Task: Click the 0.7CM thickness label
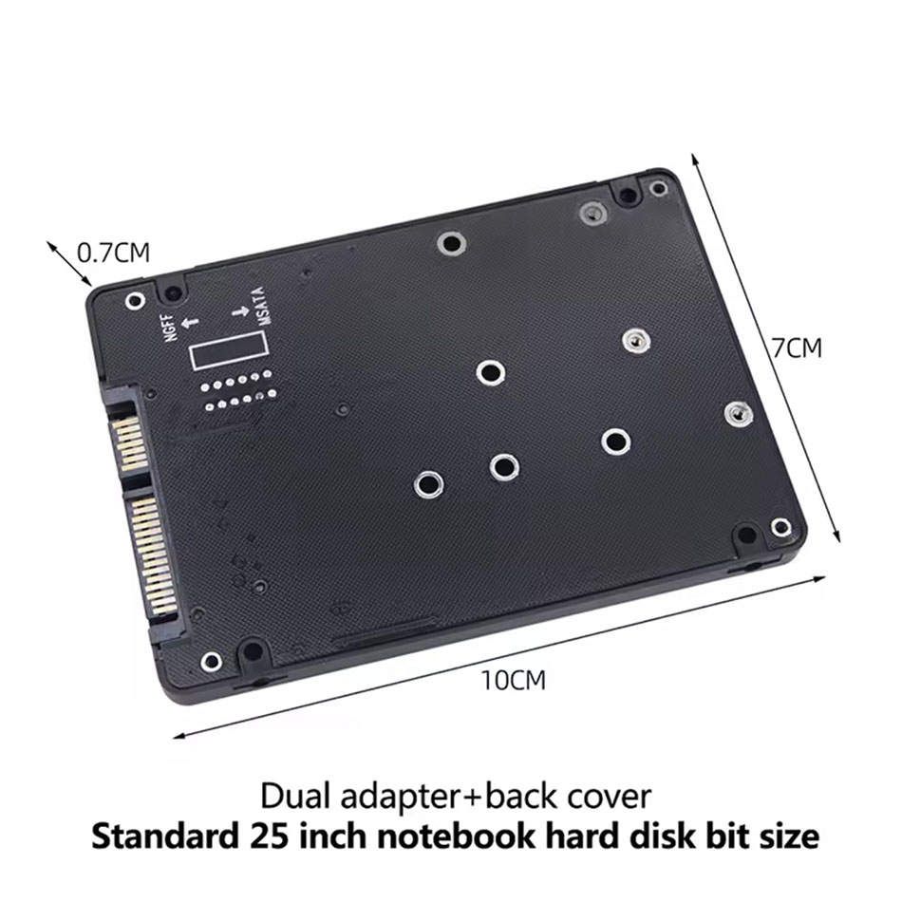point(113,253)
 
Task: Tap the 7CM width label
point(797,348)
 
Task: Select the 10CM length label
point(513,681)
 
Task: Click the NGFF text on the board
point(172,327)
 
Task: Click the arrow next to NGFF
point(190,323)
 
